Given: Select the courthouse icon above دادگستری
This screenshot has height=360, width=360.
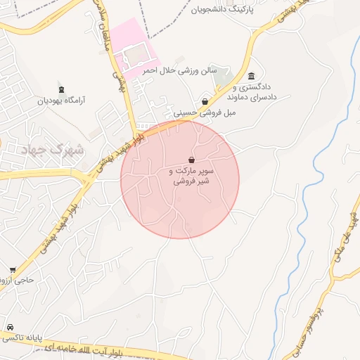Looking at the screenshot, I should tap(252, 77).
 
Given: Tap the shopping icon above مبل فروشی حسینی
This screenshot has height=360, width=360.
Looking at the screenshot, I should tap(205, 101).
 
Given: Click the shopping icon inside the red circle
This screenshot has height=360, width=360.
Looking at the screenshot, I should tap(191, 160).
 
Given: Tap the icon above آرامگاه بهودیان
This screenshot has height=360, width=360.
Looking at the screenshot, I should tap(62, 89).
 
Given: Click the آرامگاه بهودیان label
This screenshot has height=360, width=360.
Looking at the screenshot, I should tap(62, 101).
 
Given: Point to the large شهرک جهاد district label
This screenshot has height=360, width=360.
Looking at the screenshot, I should tap(53, 150).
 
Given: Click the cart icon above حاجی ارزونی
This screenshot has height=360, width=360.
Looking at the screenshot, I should tap(12, 270).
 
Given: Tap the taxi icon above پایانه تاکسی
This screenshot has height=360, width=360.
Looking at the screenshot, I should tap(10, 328).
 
